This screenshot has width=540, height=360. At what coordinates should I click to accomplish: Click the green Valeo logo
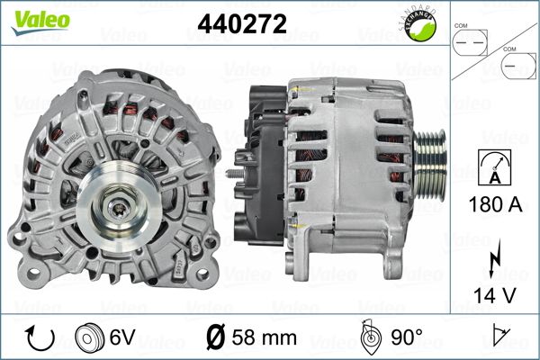tap(40, 22)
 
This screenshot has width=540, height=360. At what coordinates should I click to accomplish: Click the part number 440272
tap(242, 23)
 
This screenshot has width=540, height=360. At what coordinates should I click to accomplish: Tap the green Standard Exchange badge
tap(419, 24)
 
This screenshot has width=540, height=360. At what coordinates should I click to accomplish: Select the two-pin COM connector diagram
tap(470, 42)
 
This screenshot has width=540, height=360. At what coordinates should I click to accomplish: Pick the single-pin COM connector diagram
tap(518, 66)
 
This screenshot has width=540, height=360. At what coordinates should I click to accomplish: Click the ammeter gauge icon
tap(495, 167)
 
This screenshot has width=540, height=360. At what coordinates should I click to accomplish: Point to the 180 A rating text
tap(495, 204)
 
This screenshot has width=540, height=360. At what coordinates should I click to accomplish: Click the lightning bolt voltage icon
tap(495, 258)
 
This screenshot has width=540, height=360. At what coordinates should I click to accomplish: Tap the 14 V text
tap(495, 295)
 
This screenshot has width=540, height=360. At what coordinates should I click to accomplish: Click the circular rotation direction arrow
tap(40, 337)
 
